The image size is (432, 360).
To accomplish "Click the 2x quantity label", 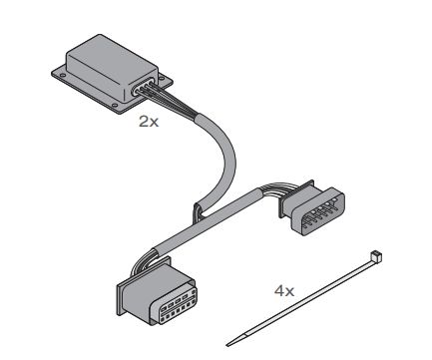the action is pos(149,122).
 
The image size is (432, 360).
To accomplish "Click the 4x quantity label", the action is pos(284,291).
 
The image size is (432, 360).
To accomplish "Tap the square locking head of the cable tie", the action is pos(375,257).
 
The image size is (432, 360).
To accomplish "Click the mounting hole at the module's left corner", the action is pos(62,76).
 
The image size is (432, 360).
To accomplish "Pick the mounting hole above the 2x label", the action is pos(115,106).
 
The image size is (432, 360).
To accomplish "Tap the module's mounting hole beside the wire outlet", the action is pos(162,79).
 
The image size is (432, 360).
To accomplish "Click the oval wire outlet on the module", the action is pos(144,86).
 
